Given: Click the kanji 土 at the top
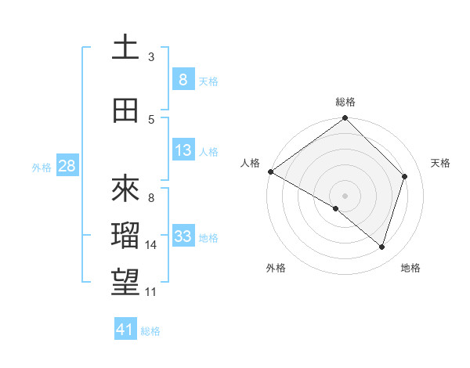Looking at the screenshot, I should [x=125, y=48].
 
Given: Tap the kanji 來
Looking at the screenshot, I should [x=125, y=189].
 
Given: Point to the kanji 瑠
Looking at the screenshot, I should [x=125, y=237].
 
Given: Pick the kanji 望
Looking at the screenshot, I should [x=125, y=284].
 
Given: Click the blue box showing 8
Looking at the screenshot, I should [x=183, y=80].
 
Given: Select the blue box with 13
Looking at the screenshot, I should [x=183, y=150].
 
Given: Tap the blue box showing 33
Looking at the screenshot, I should [x=183, y=236].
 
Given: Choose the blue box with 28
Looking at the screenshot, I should [x=66, y=166].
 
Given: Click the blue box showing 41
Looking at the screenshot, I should [x=125, y=330].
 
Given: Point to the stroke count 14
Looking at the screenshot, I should [x=151, y=245].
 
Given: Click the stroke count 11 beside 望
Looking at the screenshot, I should [x=151, y=292].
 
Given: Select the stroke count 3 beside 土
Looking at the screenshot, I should [x=151, y=56].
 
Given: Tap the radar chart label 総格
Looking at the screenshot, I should [x=345, y=102].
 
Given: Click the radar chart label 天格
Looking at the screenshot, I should [x=440, y=163].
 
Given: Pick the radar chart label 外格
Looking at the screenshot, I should [x=276, y=268].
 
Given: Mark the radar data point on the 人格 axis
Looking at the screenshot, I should [x=271, y=171].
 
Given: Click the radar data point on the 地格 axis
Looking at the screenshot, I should [x=382, y=247].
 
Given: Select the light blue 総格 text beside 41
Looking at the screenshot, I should [x=150, y=331].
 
